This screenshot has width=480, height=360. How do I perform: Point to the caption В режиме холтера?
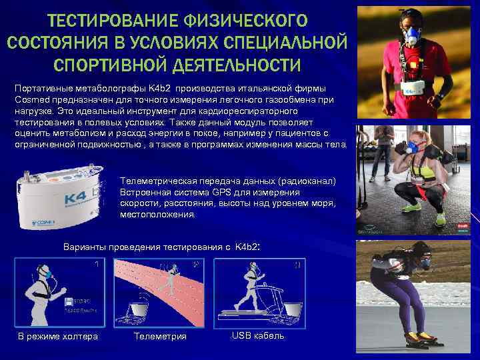(x=57, y=336)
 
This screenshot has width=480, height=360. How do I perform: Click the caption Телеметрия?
(x=160, y=336)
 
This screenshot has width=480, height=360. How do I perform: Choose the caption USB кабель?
(x=257, y=335)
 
